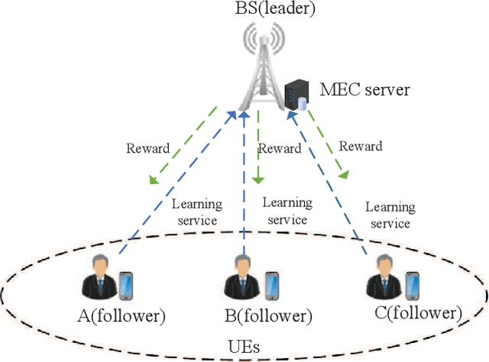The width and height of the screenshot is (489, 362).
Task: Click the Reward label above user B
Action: click(x=280, y=148)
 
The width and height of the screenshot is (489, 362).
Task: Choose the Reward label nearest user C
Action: click(x=361, y=146)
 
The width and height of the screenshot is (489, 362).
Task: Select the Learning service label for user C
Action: click(x=390, y=215)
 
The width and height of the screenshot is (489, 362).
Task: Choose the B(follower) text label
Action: click(x=267, y=315)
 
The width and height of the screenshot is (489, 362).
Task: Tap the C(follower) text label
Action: click(x=419, y=313)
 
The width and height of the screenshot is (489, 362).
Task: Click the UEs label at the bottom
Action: click(x=244, y=347)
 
